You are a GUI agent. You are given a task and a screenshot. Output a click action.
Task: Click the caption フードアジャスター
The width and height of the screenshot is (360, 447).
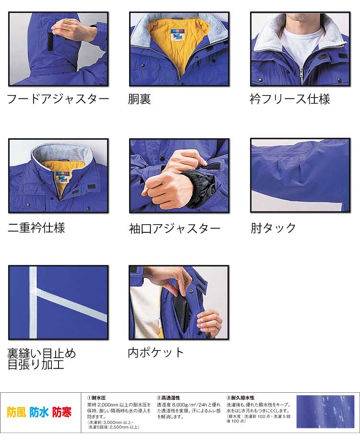[58, 99]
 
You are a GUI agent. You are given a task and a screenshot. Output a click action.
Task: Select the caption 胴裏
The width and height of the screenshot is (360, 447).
[139, 99]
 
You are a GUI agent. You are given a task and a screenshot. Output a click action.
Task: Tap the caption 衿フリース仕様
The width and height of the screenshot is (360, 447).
[290, 99]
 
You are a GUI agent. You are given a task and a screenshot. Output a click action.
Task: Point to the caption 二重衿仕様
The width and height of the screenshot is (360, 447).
[36, 227]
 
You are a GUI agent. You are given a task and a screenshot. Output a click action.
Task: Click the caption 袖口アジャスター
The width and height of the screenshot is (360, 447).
[175, 228]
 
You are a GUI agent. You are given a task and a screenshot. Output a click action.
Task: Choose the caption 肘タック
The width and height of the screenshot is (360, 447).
[273, 228]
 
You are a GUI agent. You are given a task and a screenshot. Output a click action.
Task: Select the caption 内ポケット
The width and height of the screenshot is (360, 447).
[156, 352]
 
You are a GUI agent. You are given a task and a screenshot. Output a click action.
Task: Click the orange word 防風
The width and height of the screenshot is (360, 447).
[16, 412]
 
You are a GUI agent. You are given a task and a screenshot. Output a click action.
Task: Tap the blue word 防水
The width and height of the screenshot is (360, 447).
[39, 412]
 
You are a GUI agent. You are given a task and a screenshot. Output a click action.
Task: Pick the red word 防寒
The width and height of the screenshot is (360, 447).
[62, 412]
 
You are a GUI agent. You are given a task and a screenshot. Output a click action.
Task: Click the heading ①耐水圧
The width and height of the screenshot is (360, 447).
[96, 398]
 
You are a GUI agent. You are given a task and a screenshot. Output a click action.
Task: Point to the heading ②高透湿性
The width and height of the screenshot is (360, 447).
[168, 398]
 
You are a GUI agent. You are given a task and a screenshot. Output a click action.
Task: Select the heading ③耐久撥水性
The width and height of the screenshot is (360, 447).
[240, 398]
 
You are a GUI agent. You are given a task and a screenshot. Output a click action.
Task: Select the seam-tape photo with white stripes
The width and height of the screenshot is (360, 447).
[58, 302]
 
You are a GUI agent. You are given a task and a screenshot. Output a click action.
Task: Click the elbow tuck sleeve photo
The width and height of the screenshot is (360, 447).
[300, 175]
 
